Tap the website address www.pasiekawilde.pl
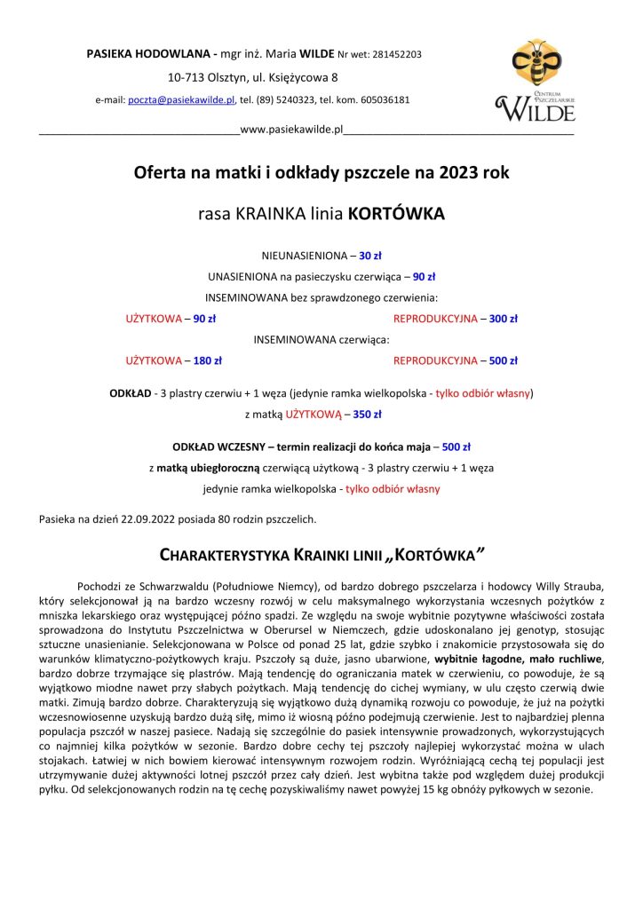(x=291, y=130)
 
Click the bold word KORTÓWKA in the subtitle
(x=395, y=214)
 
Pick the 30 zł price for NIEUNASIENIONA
(x=369, y=255)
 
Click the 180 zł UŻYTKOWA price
(x=207, y=360)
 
